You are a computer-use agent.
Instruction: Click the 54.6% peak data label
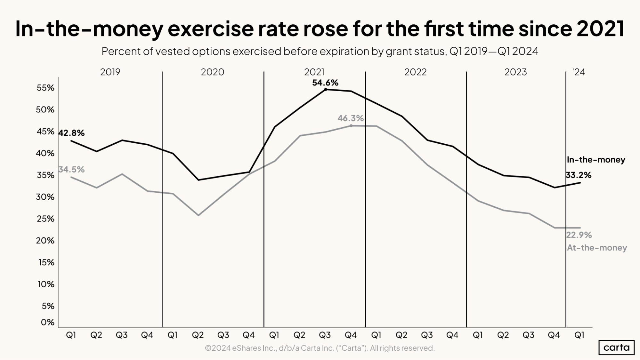point(325,83)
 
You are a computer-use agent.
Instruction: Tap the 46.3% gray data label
point(351,118)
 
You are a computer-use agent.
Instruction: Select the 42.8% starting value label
point(71,133)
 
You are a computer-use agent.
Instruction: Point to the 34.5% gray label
point(71,169)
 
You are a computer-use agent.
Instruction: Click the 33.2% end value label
point(579,175)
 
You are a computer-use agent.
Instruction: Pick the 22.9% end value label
point(579,235)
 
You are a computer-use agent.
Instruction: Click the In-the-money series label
point(596,160)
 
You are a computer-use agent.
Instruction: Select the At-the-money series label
point(597,248)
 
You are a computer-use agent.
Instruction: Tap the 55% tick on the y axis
point(45,88)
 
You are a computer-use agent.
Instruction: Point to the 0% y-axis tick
point(47,322)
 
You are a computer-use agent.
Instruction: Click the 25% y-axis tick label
point(45,219)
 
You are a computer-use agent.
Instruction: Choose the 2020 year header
point(212,72)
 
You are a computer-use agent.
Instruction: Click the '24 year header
point(579,72)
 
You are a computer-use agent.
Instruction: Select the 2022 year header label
point(415,72)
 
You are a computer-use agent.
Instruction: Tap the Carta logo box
point(616,348)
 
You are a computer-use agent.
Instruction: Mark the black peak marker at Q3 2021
point(326,89)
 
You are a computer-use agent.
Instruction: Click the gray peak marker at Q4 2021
point(351,126)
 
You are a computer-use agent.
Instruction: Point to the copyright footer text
point(320,348)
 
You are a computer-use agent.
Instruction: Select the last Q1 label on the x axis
point(579,335)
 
